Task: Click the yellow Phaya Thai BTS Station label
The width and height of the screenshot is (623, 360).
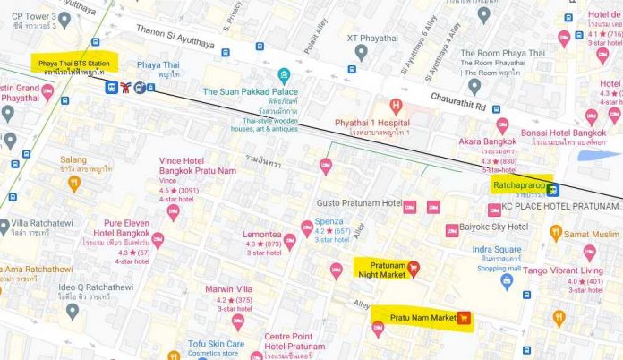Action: tap(72, 65)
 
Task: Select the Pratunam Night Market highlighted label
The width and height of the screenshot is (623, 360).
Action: tap(380, 268)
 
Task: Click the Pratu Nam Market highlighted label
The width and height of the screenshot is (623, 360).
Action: tap(417, 317)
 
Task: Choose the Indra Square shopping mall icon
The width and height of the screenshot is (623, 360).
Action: tap(507, 281)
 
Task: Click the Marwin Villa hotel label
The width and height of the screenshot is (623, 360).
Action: tap(228, 289)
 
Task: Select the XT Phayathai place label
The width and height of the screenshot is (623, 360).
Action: tap(380, 39)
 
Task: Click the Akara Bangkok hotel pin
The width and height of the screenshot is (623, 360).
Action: tap(502, 125)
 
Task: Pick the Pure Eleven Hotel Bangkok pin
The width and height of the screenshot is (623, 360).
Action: tap(158, 240)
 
